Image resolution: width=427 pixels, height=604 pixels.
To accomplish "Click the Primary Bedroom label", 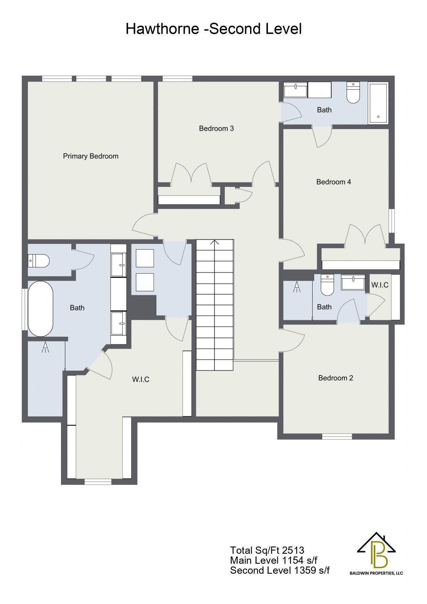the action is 91,156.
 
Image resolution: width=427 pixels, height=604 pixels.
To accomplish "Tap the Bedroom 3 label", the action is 216,128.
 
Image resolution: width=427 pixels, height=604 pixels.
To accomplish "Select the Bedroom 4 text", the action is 334,182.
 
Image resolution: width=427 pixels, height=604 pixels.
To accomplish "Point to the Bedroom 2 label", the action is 336,378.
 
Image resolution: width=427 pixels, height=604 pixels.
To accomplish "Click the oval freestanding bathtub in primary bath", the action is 40,309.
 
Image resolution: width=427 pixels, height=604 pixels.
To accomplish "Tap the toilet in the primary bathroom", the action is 38,261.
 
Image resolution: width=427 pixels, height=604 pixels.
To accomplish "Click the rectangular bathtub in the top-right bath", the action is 378,103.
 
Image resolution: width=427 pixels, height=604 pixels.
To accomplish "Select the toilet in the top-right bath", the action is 353,92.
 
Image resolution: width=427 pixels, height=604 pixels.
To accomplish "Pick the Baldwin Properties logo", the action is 376,554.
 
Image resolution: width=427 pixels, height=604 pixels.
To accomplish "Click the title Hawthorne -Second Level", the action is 213,29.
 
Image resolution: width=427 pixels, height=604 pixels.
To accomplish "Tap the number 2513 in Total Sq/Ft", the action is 293,550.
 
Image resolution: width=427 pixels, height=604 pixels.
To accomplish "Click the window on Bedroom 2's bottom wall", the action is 337,436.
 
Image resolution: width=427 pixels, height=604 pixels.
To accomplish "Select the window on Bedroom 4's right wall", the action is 392,221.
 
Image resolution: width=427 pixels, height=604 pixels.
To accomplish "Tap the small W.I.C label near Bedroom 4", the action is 380,285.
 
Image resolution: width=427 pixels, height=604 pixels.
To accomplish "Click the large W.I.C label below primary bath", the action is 141,379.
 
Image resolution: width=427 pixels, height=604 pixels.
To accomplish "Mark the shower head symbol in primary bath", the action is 45,347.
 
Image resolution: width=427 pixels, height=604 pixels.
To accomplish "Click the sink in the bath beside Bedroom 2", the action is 353,282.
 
